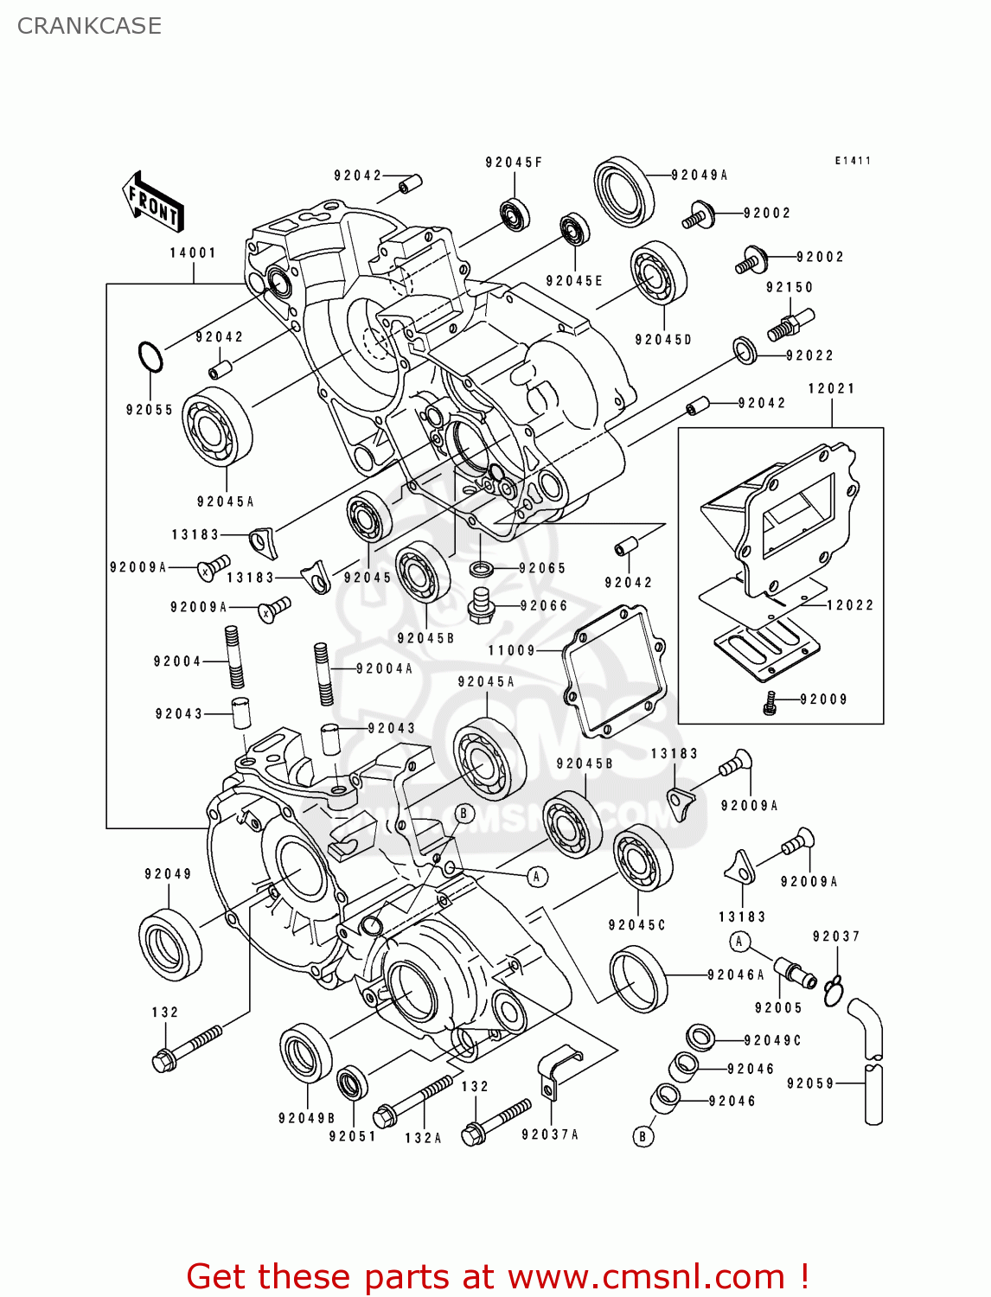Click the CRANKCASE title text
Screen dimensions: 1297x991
pyautogui.click(x=89, y=26)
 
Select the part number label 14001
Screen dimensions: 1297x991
pyautogui.click(x=192, y=253)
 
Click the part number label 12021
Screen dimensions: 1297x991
pyautogui.click(x=831, y=389)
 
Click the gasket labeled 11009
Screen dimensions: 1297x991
pyautogui.click(x=615, y=671)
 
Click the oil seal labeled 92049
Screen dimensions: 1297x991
pyautogui.click(x=170, y=945)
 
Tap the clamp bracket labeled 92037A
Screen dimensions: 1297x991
pyautogui.click(x=556, y=1072)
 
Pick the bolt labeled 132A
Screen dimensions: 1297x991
pyautogui.click(x=414, y=1098)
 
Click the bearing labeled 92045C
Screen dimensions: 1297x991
pyautogui.click(x=643, y=857)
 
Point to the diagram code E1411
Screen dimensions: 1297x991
pyautogui.click(x=852, y=161)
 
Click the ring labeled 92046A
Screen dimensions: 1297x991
pyautogui.click(x=639, y=979)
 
